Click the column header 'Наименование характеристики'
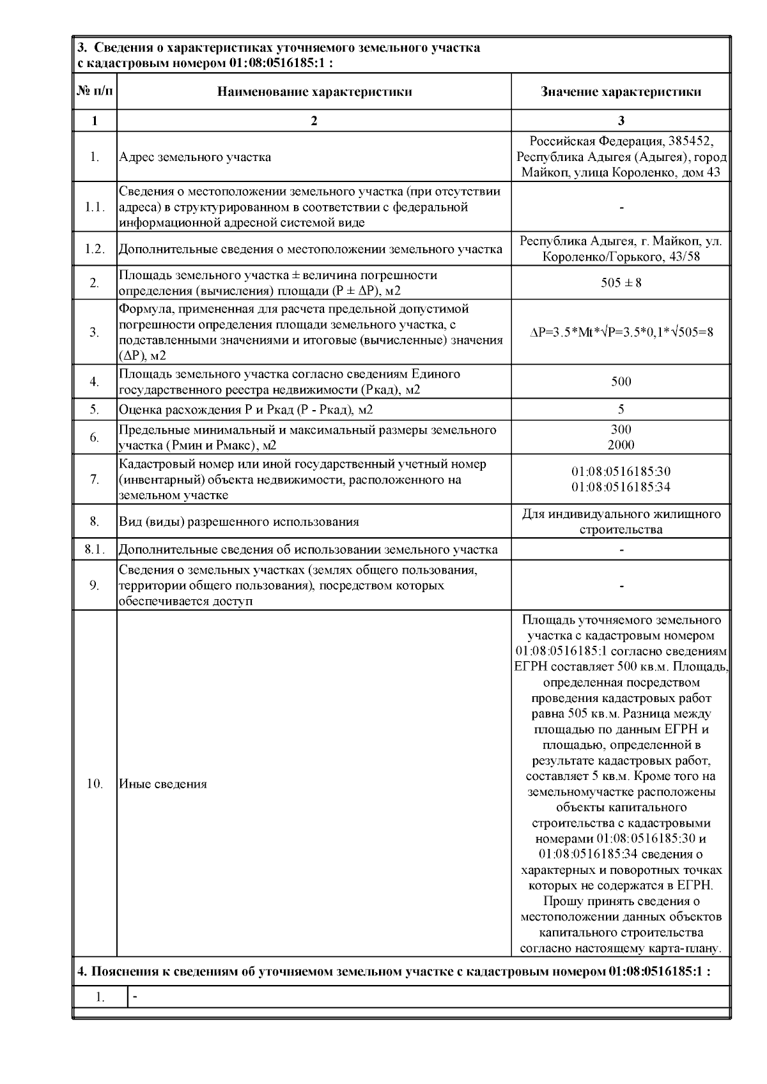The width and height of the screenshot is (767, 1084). click(x=314, y=91)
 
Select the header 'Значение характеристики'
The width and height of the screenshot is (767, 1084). click(x=621, y=91)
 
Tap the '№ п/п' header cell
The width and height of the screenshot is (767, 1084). click(x=95, y=91)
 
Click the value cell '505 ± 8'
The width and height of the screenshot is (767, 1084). click(x=621, y=282)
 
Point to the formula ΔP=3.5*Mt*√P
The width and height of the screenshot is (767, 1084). click(x=621, y=332)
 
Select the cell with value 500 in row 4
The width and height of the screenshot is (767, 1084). click(x=621, y=382)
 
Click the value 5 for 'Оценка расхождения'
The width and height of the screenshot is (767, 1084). click(x=621, y=409)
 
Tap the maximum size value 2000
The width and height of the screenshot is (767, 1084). click(x=621, y=445)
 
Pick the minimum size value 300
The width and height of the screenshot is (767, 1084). click(x=621, y=429)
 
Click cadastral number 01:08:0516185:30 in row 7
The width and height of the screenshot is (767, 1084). click(x=621, y=472)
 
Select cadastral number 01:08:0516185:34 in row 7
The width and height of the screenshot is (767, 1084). click(x=621, y=487)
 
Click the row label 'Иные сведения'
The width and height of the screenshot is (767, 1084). click(x=163, y=784)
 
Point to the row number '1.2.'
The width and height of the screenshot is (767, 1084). click(x=95, y=249)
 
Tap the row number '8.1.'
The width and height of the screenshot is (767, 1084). click(x=95, y=549)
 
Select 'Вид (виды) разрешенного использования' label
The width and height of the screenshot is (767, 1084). click(x=239, y=522)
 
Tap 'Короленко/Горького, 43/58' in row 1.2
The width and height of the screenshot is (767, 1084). click(x=621, y=257)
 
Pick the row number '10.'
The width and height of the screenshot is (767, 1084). click(x=95, y=784)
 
